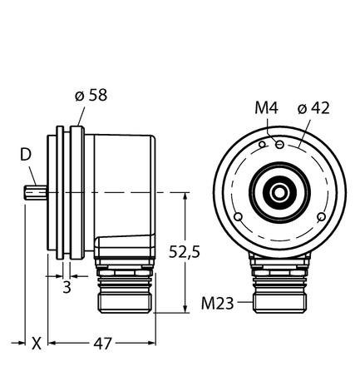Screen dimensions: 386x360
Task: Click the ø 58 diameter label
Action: click(90, 96)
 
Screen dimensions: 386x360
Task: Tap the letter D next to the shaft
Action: click(27, 155)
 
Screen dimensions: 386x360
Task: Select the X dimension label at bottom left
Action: click(36, 343)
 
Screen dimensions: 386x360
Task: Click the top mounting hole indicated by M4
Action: click(282, 145)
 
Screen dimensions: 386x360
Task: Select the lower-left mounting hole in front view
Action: click(240, 217)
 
